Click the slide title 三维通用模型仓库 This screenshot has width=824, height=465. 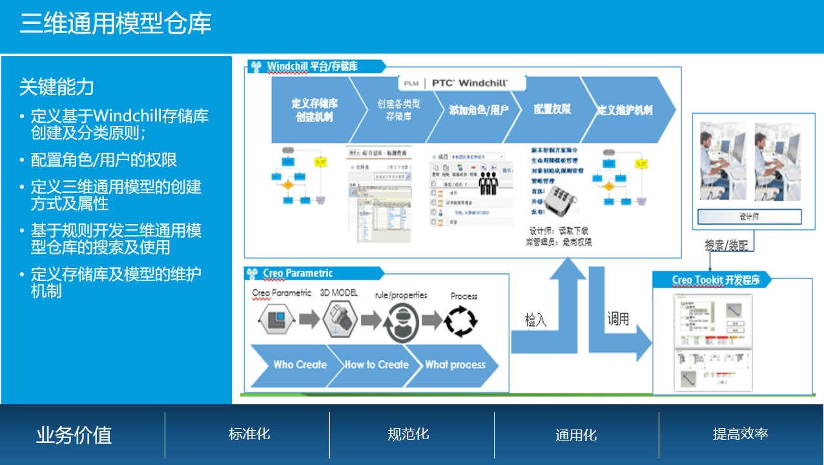pos(116,25)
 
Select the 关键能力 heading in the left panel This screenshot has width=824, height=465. pos(57,87)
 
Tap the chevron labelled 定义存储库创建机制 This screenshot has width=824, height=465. pos(313,110)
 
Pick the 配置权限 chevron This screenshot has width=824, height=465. pos(551,110)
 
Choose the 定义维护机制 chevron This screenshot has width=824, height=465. pos(624,110)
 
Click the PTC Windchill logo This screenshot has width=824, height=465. pos(462,83)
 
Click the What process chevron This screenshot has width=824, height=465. pos(455,365)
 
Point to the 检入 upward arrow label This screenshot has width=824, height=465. pos(535,320)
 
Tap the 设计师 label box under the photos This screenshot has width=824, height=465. pos(749,216)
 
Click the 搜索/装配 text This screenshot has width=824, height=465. pos(728,245)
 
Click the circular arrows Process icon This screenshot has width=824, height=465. pos(462,320)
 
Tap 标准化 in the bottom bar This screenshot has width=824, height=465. pos(249,434)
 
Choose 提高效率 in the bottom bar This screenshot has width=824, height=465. pos(740,434)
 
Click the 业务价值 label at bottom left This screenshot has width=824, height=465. pos(74,435)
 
